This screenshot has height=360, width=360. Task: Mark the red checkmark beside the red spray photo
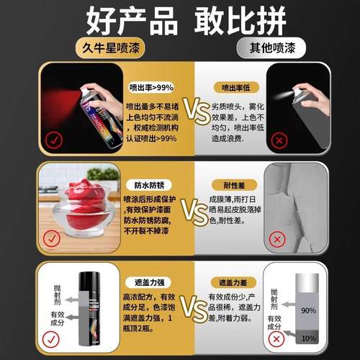point(53,140)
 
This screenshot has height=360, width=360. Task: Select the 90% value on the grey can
point(288,310)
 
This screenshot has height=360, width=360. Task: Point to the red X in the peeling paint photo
point(276,239)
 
